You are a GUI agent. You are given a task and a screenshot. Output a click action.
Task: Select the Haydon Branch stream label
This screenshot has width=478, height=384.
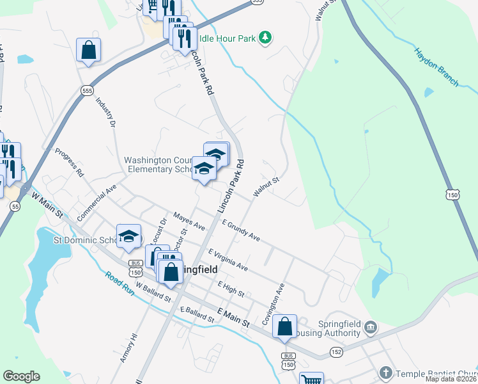(436, 67)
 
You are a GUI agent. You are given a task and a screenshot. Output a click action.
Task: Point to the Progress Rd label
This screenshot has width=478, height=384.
(69, 163)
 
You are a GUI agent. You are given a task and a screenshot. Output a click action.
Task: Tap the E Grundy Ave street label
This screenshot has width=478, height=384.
(241, 230)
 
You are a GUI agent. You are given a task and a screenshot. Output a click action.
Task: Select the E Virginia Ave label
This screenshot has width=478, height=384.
(228, 259)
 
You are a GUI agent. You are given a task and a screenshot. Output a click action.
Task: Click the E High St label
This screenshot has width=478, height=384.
(231, 289)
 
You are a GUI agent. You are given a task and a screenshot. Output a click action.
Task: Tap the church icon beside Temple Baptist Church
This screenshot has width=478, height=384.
(385, 372)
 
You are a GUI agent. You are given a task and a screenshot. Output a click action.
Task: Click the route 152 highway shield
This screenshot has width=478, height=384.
(336, 352)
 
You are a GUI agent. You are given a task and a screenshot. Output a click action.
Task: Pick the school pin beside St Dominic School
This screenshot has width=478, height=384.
(128, 236)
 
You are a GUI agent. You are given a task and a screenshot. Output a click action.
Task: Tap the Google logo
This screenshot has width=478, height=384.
(21, 376)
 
